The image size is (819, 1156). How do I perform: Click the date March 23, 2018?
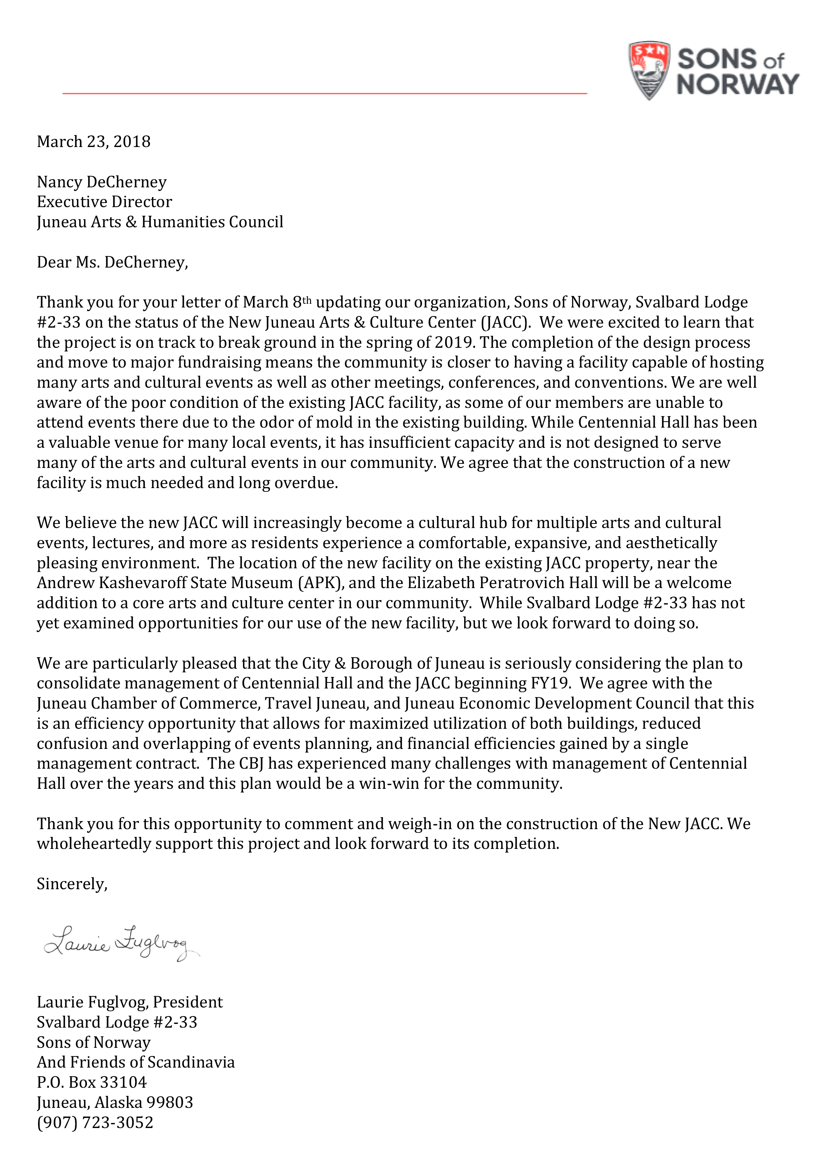coord(94,142)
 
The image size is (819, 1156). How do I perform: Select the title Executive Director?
coord(104,202)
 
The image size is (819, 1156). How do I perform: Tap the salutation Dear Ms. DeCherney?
coord(112,262)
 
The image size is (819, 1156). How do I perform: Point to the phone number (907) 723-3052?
coord(95,1122)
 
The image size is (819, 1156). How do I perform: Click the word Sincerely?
coord(72,884)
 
